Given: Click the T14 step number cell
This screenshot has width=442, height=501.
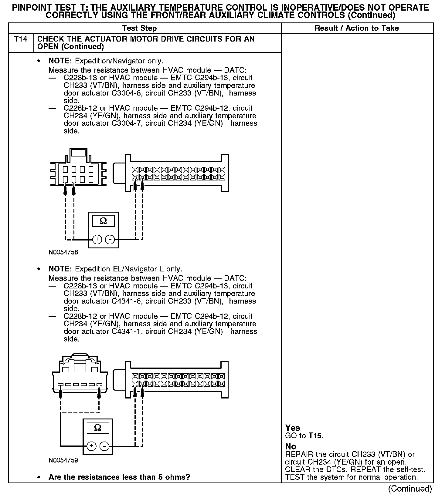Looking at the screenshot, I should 21,39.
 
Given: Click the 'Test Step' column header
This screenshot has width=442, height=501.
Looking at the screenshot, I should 139,28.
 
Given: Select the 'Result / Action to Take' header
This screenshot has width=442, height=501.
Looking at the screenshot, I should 356,28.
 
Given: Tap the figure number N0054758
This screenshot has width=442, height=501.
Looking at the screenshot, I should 63,252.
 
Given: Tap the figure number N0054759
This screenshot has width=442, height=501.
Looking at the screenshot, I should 63,460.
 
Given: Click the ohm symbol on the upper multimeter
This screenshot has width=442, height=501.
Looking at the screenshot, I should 103,221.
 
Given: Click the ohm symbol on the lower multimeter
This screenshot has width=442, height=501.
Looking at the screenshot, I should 98,428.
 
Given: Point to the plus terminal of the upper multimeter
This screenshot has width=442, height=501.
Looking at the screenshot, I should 97,240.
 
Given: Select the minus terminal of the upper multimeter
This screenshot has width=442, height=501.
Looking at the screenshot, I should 110,240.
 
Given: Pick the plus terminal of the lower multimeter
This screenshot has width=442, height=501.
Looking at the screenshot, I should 91,446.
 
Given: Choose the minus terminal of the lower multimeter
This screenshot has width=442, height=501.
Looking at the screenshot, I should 104,446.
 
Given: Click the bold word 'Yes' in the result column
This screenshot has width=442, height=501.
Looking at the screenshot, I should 293,428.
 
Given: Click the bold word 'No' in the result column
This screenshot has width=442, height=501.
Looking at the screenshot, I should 291,446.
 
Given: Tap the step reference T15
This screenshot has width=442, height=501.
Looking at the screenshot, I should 315,436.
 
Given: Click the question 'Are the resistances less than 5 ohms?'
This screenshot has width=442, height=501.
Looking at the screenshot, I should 119,477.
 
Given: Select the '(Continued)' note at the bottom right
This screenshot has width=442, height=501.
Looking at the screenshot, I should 410,489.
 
